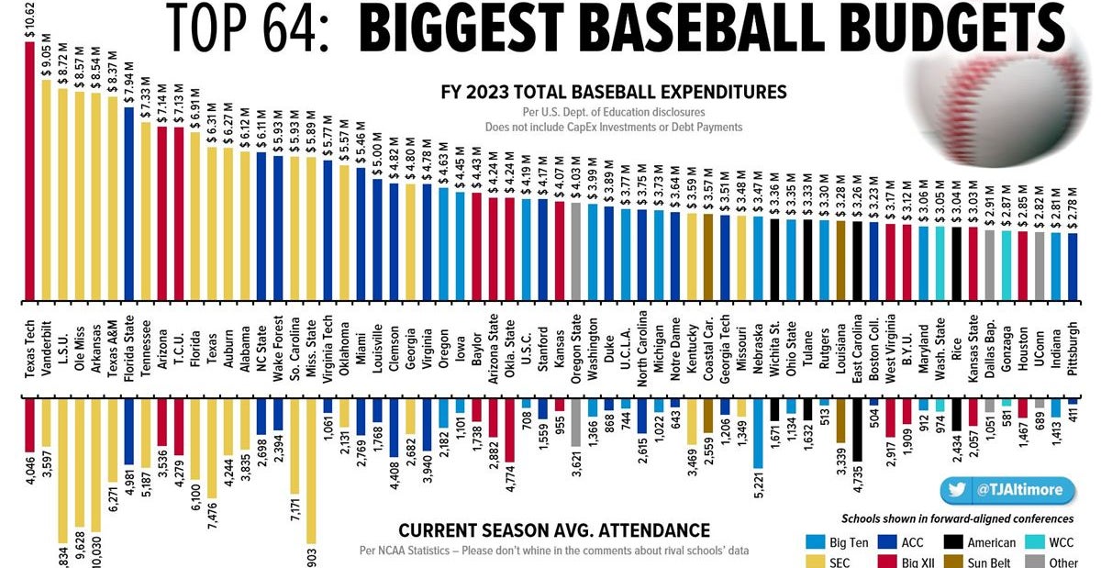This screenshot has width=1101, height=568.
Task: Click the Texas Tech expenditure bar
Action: tap(29, 174)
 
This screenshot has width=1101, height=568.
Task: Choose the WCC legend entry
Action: tap(1055, 542)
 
